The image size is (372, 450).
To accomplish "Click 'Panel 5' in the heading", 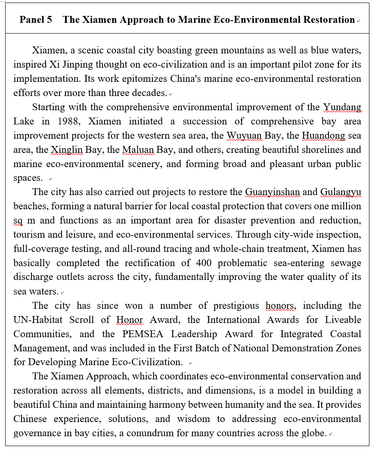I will coord(36,20).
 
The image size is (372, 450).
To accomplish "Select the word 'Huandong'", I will coord(323,135).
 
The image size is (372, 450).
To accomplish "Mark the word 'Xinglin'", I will coord(67,150).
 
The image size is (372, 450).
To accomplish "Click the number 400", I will coord(204,263).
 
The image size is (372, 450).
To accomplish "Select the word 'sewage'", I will coord(345,263).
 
